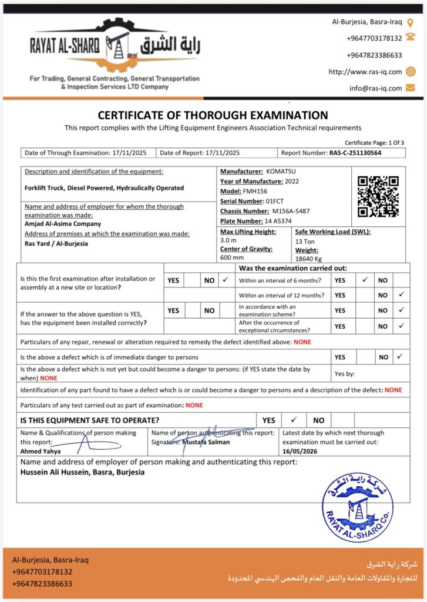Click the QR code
click(378, 196)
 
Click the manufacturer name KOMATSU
click(281, 171)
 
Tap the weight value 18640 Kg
click(309, 259)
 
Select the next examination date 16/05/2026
click(300, 451)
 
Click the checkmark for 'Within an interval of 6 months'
click(365, 280)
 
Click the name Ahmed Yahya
click(41, 451)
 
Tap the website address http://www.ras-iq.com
click(365, 72)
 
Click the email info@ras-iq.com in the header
click(376, 88)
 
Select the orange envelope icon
click(410, 88)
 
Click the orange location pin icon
click(410, 22)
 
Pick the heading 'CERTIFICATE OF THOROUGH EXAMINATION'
click(213, 115)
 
